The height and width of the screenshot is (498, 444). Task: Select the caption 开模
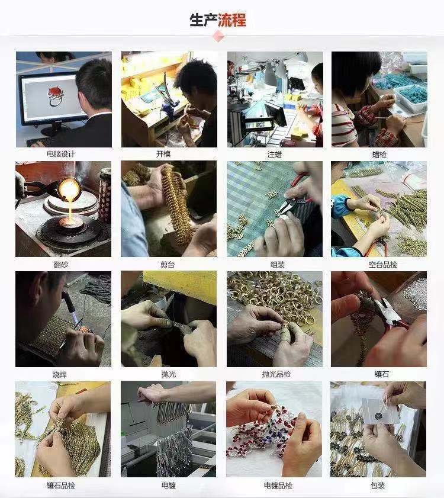point(169,154)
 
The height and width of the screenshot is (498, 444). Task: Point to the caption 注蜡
point(275,154)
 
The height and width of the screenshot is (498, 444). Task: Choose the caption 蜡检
point(379,154)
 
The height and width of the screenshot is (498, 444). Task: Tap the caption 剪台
point(169,264)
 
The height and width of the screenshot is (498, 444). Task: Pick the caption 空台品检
point(379,264)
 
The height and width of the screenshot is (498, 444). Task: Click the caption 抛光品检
point(275,374)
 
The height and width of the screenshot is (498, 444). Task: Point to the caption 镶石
point(379,374)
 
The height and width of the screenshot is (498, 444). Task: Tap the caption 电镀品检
point(275,485)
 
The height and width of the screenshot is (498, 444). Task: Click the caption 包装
point(379,485)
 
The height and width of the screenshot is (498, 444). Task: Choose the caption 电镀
point(169,485)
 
